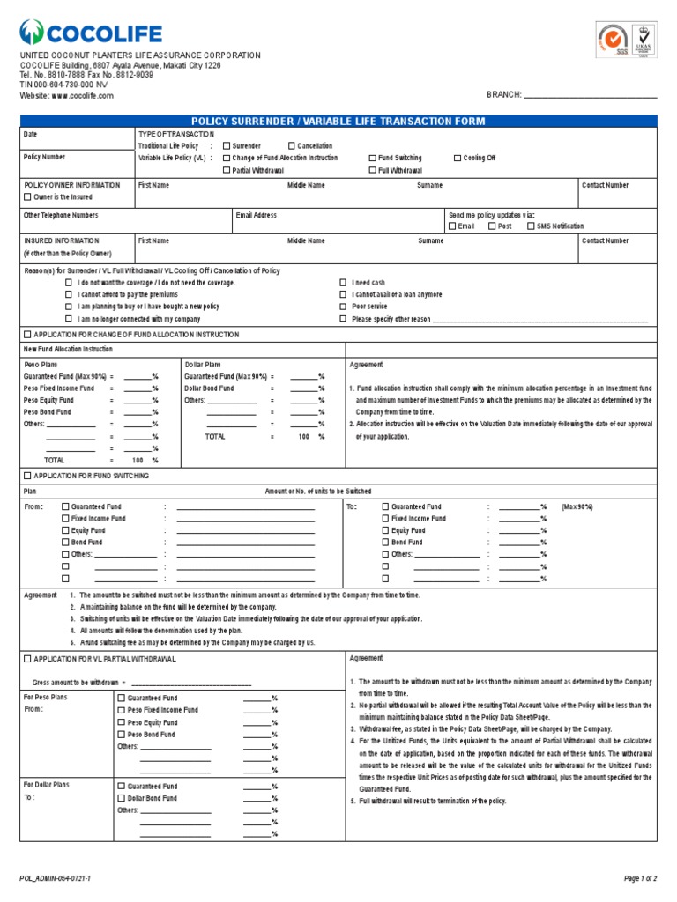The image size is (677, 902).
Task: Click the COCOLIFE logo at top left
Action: tap(92, 33)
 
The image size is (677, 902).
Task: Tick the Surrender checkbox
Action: tap(227, 145)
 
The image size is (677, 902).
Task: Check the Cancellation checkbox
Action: tap(291, 145)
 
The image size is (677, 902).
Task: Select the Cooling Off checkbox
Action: tap(458, 158)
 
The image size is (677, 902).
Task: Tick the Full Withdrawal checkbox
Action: tap(372, 170)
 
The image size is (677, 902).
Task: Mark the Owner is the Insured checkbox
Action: tap(27, 198)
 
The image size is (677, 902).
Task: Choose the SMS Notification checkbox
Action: tap(531, 226)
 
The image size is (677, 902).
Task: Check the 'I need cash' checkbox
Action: tap(343, 282)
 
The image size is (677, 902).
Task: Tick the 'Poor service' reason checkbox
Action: tap(343, 307)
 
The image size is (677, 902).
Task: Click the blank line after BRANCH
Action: tap(591, 95)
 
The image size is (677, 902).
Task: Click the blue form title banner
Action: tap(338, 121)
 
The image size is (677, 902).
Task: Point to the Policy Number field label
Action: tap(44, 157)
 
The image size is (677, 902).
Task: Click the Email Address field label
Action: tap(257, 215)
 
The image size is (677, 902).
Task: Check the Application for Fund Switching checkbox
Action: tap(27, 476)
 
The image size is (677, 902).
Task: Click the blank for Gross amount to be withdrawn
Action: tap(190, 683)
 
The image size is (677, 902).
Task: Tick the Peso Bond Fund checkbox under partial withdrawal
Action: tap(122, 734)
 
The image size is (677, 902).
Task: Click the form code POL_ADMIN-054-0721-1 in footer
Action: tap(55, 878)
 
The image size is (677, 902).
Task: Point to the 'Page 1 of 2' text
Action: tap(640, 878)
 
